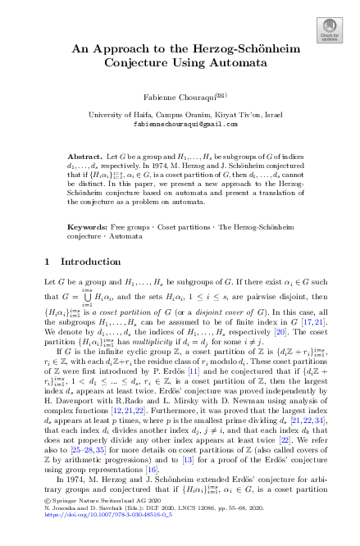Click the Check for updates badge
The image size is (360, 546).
[330, 30]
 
